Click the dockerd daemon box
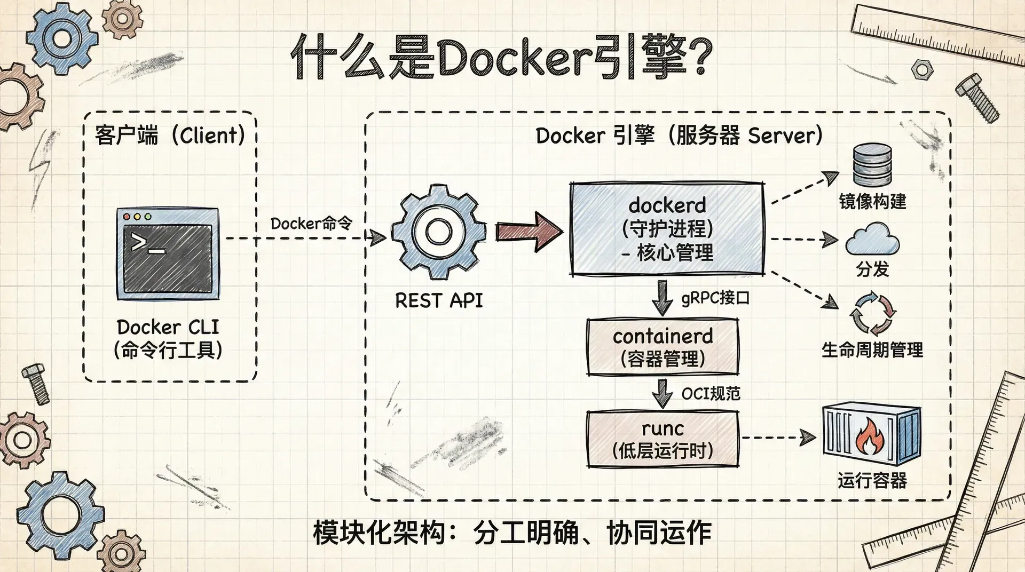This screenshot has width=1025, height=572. tap(667, 229)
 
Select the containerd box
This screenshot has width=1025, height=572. tap(663, 347)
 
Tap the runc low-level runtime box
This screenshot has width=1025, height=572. tap(663, 439)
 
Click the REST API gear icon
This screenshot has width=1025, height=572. tap(438, 232)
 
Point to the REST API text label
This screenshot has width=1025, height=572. tap(439, 300)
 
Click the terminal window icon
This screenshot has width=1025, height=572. tap(168, 253)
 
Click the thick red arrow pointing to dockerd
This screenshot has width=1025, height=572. tap(529, 231)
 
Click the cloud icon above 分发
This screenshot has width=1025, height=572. tap(872, 240)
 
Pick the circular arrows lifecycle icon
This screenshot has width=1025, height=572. tap(872, 312)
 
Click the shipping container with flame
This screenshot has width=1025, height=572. tap(871, 434)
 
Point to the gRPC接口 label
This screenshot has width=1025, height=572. tap(715, 298)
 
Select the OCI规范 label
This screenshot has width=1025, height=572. tap(711, 394)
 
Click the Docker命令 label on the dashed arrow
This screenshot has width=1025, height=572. tap(311, 224)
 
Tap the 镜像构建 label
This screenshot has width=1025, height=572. tap(872, 202)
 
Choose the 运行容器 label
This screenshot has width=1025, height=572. tap(872, 481)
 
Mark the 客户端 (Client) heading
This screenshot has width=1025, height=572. tap(170, 136)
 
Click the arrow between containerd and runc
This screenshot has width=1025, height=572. tap(663, 393)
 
